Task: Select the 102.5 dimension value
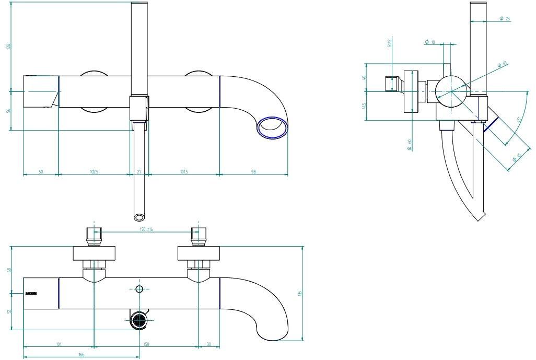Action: (x=94, y=171)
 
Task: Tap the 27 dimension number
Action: (x=138, y=171)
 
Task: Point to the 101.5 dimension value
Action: (x=184, y=171)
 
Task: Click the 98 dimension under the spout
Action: (x=253, y=171)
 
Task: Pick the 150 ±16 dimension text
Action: (x=147, y=229)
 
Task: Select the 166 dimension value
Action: (x=81, y=355)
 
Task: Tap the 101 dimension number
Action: (x=59, y=344)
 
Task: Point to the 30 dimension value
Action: (x=209, y=344)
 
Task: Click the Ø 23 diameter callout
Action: (x=505, y=18)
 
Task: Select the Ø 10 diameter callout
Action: (x=430, y=41)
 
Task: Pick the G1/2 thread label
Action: (x=390, y=43)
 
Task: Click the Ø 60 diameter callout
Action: (x=411, y=145)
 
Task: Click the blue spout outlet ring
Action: (x=273, y=127)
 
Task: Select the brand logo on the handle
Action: (x=31, y=294)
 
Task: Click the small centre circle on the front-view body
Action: (x=139, y=289)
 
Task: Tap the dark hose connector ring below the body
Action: (x=139, y=320)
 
